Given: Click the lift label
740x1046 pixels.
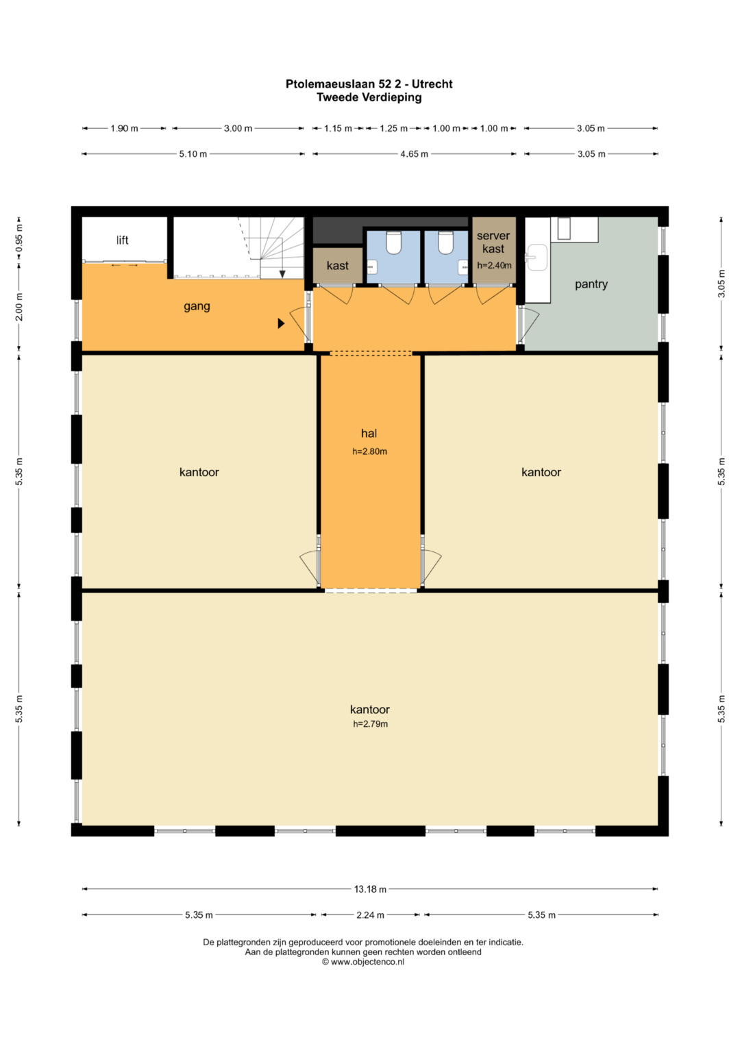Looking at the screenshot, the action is pos(123,240).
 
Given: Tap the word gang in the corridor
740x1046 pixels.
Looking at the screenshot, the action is pos(197,307).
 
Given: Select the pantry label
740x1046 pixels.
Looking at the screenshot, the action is pos(591,284).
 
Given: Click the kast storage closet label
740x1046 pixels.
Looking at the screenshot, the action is pos(337,266).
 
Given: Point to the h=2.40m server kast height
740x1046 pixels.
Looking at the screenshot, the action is pos(494,265).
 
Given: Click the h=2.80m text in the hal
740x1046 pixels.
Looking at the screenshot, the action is pos(369,451).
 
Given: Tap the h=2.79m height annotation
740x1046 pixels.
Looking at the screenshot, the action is pos(370,724).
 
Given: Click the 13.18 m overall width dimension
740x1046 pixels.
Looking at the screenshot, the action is pos(370,889).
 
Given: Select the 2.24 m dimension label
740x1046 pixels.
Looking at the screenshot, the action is pos(370,914).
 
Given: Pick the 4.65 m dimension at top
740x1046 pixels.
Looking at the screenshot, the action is pos(414,154).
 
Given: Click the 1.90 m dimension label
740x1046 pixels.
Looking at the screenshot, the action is pos(124,128).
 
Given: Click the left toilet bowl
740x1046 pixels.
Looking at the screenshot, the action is pos(394,242).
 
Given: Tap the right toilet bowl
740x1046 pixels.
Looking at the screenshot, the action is pos(445,242).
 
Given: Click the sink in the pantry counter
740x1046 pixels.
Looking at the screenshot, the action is pos(536,258).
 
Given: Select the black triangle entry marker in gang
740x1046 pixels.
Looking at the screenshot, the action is pos(281,323).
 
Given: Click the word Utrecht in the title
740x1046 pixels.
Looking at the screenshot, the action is pos(432,84).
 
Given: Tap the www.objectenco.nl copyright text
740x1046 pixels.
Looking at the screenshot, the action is pos(362,962).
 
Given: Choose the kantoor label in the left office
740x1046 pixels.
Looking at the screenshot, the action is pos(199,472).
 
